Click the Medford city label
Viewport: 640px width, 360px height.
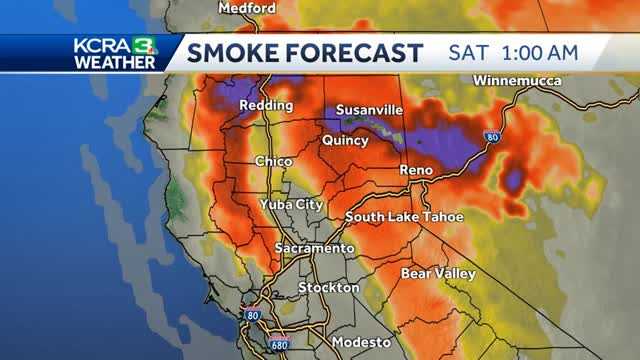coord(248,8)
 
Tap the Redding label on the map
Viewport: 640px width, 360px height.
coord(266,105)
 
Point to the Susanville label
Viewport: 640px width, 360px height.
coord(370,109)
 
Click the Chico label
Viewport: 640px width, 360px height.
coord(273,160)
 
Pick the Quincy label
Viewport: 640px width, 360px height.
coord(345,141)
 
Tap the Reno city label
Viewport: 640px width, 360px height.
coord(416,171)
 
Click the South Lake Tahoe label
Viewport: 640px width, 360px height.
coord(404,217)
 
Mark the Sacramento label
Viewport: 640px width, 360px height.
coord(315,247)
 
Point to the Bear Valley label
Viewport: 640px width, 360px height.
coord(436,272)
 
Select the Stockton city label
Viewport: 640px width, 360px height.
coord(329,288)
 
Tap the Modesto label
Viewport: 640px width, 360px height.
coord(362,342)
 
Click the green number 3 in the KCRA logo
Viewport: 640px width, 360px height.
coord(145,45)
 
